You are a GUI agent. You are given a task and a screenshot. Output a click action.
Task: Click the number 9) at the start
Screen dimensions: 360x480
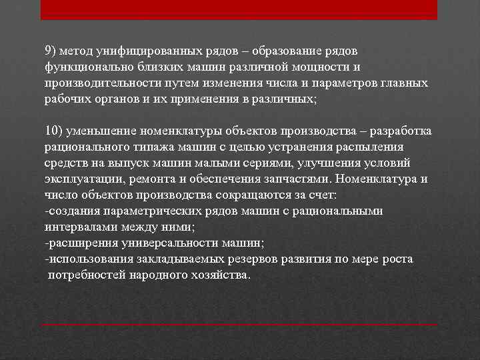point(51,51)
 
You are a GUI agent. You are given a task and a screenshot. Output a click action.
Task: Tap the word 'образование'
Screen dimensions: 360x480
point(273,51)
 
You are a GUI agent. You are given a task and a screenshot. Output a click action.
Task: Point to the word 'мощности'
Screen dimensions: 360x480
point(327,67)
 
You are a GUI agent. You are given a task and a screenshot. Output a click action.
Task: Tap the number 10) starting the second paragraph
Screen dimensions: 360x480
point(54,131)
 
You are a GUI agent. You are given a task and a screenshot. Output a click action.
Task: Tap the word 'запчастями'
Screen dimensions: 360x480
point(299,179)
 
